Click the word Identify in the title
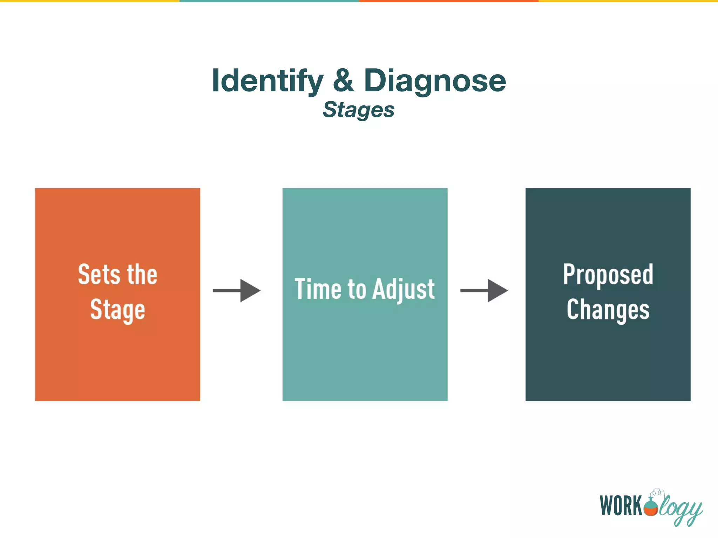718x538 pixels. click(x=267, y=81)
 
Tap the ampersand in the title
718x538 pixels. click(x=343, y=81)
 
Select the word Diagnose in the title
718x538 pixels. click(x=435, y=81)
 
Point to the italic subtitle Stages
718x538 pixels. click(x=358, y=110)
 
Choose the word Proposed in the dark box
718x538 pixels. click(x=608, y=275)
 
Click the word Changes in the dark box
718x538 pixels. click(x=608, y=310)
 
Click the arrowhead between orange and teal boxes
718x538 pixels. click(x=250, y=290)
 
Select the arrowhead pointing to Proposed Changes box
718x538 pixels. click(x=497, y=290)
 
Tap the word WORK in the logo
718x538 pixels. click(x=621, y=506)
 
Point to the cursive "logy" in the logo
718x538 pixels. click(x=680, y=508)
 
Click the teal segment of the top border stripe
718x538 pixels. click(x=269, y=1)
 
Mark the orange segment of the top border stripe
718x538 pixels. click(x=449, y=1)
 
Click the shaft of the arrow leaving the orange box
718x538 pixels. click(x=226, y=290)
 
